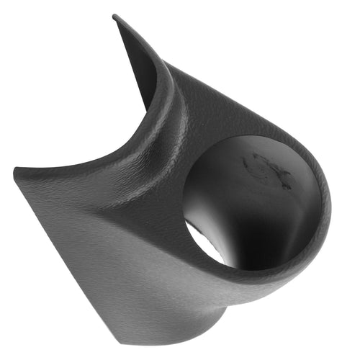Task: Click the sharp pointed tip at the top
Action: (115, 17)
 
